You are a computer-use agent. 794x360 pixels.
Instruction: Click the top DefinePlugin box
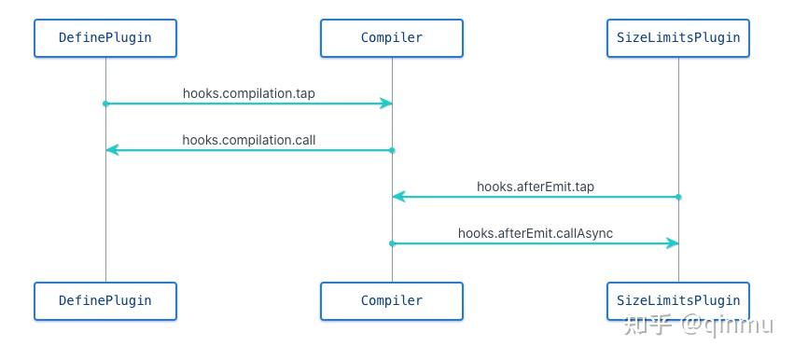point(105,38)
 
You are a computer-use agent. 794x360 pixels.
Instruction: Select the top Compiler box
point(392,38)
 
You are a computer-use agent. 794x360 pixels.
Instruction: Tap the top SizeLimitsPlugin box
point(678,38)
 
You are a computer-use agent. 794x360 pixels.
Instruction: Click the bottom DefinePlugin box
point(105,301)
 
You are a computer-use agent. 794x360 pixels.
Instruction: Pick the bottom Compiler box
point(392,301)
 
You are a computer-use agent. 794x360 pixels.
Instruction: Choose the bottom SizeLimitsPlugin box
point(678,301)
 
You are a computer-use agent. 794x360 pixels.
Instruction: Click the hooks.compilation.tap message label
point(248,93)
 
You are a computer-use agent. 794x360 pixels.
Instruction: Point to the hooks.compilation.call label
point(248,140)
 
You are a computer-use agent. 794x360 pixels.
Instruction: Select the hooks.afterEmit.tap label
point(536,187)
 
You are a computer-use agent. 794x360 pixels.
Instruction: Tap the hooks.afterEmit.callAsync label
point(536,233)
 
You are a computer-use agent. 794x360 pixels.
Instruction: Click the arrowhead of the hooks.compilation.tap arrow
point(386,104)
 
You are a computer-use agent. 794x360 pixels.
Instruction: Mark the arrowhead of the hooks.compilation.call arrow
point(111,150)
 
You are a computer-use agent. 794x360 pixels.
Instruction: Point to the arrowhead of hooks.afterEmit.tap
point(397,197)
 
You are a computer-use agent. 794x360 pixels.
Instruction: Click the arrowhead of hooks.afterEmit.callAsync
point(673,243)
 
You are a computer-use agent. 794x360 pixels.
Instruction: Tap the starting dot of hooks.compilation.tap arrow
point(105,104)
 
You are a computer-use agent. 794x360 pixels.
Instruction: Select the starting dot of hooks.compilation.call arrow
point(392,150)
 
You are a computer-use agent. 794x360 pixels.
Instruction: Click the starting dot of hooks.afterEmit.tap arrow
point(678,197)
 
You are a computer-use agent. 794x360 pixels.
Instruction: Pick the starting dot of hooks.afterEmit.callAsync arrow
point(392,243)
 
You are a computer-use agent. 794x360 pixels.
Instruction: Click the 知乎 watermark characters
point(648,325)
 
